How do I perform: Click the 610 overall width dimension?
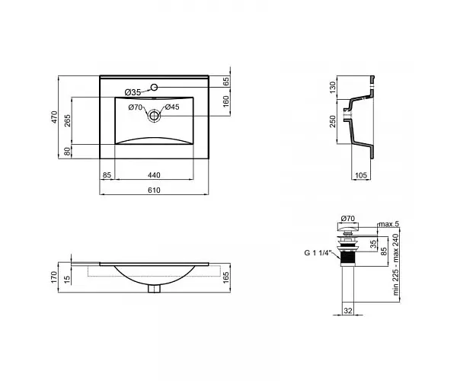click(x=154, y=190)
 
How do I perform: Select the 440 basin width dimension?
click(x=154, y=175)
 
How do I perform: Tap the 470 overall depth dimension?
click(x=55, y=117)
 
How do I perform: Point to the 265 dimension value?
click(x=67, y=120)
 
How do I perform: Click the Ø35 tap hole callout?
click(x=133, y=92)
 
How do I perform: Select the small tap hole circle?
click(x=154, y=87)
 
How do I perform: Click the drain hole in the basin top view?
click(x=154, y=116)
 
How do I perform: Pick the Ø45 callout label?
click(x=172, y=107)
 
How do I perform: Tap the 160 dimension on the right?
click(x=226, y=101)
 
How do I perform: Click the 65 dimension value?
click(x=226, y=81)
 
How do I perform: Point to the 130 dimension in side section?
click(x=333, y=87)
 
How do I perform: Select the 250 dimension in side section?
click(x=333, y=121)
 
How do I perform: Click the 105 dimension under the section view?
click(x=361, y=175)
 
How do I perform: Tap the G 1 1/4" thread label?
click(x=318, y=253)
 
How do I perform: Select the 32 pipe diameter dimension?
click(x=348, y=311)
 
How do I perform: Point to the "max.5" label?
click(x=388, y=224)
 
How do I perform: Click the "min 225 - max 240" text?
click(x=395, y=264)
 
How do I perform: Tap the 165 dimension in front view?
click(x=226, y=277)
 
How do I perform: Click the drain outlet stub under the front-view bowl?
click(x=154, y=289)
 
